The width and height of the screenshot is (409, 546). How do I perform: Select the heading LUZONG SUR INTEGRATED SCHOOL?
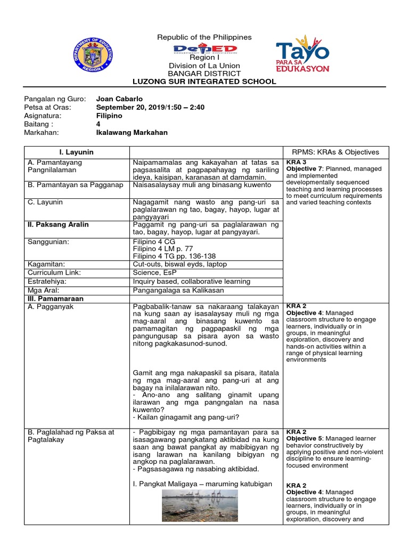(204, 82)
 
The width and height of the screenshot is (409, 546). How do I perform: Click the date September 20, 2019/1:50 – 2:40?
(150, 107)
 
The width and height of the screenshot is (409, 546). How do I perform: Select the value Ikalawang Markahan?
(132, 133)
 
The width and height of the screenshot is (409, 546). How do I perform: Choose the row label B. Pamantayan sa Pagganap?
(75, 185)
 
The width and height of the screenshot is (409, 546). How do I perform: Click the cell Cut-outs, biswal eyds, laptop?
(179, 264)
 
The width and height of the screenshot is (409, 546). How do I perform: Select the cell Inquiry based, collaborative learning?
(191, 281)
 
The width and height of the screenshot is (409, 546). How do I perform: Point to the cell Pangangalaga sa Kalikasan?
(178, 290)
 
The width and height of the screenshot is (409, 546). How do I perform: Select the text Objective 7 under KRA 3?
(307, 168)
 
